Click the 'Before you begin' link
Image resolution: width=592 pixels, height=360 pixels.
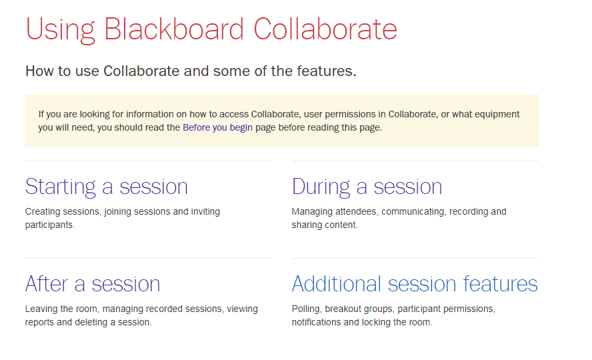(217, 127)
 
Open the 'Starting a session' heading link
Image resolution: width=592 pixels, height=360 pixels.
(107, 187)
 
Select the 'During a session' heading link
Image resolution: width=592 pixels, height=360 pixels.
(367, 187)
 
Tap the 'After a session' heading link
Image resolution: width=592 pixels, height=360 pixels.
(93, 284)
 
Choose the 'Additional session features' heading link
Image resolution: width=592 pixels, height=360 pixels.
(415, 284)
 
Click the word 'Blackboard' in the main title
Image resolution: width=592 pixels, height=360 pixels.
(174, 29)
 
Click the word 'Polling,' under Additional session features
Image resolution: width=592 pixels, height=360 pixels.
(307, 309)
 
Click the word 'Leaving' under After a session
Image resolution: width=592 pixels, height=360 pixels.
(41, 309)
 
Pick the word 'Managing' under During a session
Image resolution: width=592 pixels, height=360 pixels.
(312, 212)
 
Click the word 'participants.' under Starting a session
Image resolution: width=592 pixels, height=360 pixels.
(50, 225)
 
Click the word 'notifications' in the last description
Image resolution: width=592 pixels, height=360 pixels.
(317, 322)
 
